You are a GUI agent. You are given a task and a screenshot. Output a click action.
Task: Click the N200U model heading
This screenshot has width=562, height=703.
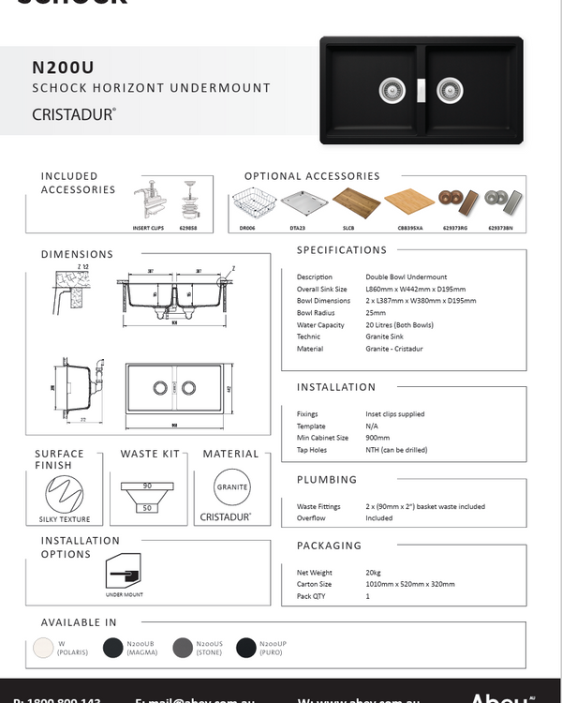point(63,67)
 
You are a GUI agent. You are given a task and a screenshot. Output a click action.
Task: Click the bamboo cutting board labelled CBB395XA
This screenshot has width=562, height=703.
point(409,201)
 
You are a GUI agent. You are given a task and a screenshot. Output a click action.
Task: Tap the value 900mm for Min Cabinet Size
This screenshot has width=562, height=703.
point(378,438)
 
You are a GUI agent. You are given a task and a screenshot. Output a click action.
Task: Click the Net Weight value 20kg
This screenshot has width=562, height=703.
point(373,572)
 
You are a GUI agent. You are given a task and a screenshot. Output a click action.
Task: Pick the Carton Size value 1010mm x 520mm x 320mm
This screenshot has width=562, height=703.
point(410,584)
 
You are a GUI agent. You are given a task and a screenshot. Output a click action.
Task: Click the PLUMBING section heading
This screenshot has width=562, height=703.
point(327,480)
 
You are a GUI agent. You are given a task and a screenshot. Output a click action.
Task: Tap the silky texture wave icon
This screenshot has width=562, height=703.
point(65,491)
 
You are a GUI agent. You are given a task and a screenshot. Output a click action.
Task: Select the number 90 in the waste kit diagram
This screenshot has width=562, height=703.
point(147,486)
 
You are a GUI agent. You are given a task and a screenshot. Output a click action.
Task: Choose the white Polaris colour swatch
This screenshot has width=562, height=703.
point(41,648)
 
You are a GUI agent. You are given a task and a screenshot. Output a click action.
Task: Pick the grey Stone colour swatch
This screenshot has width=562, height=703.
point(183,648)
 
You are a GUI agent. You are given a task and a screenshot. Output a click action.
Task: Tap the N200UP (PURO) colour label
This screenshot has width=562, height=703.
point(274,648)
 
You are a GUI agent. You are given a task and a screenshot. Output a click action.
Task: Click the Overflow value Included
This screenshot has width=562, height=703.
point(379,518)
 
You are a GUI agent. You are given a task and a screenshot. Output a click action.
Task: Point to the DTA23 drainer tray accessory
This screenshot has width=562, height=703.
point(304,202)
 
